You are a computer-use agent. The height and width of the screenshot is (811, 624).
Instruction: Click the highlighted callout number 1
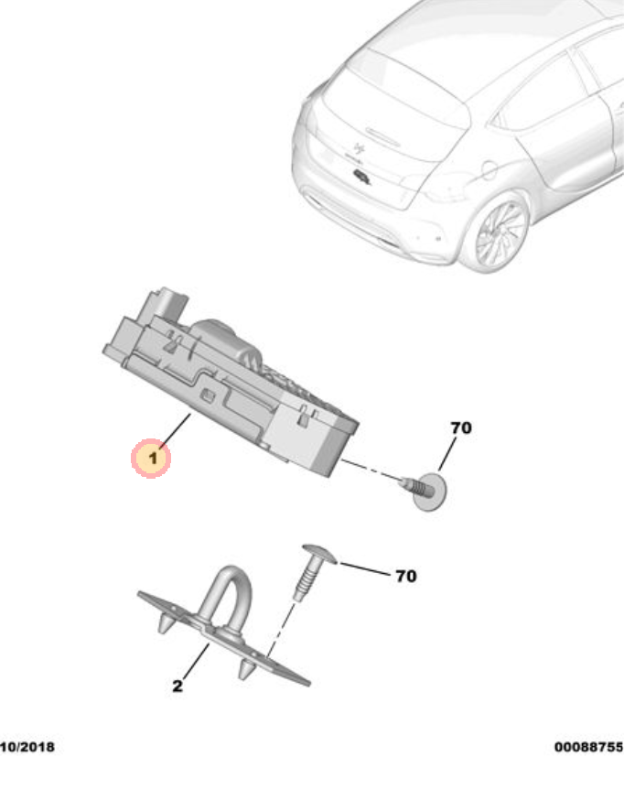click(151, 457)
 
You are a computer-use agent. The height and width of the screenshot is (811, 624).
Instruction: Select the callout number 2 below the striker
click(178, 686)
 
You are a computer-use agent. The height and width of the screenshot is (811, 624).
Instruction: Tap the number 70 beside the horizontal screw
click(460, 428)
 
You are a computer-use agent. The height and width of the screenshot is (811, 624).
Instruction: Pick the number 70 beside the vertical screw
click(404, 577)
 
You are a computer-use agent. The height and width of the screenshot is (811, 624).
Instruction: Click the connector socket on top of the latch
click(169, 301)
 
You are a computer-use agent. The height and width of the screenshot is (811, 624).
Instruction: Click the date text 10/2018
click(27, 748)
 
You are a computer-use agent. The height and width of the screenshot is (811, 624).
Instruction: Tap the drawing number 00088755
click(587, 748)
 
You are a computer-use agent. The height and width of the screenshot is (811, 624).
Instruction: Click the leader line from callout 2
click(194, 661)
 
